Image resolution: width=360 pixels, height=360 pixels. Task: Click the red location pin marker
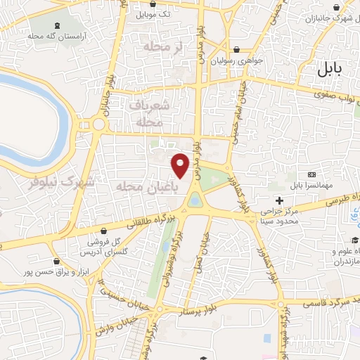click(x=181, y=165)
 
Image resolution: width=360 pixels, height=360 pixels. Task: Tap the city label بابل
click(x=327, y=69)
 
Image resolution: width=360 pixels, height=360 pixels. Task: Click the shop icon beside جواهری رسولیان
click(x=237, y=50)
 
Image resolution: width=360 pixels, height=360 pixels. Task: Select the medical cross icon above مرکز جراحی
click(x=279, y=200)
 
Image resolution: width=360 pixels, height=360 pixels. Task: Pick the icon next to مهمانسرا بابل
click(x=312, y=174)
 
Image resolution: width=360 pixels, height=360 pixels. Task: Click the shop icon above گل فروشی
click(x=104, y=231)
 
